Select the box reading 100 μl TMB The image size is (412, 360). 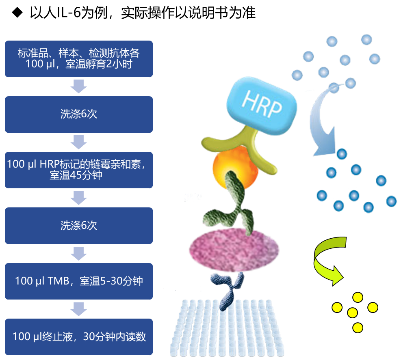(79, 281)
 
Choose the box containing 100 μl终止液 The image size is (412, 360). (79, 336)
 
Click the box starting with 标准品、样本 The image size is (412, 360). (79, 58)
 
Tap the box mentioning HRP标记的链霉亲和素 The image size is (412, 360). (79, 170)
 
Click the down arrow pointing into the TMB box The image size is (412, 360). (79, 254)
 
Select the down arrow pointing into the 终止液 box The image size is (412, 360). (79, 309)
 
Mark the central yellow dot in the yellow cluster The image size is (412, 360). (352, 313)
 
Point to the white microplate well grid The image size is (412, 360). (228, 329)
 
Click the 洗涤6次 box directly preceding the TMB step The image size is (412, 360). (79, 225)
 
